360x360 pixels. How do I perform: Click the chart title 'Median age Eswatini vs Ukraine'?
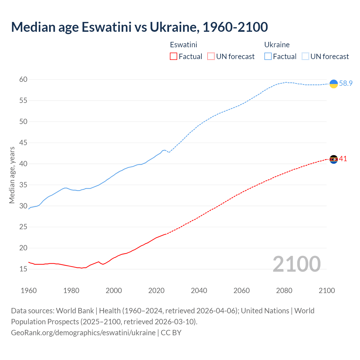tap(139, 27)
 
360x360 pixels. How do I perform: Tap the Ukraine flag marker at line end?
tap(334, 84)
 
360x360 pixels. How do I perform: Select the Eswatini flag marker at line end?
tap(334, 159)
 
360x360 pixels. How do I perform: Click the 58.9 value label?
tap(346, 84)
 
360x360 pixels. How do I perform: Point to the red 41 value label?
tap(343, 159)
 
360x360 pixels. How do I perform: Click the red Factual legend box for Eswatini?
tap(174, 57)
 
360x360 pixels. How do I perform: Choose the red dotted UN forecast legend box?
tap(211, 57)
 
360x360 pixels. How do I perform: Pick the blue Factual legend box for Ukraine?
tap(268, 57)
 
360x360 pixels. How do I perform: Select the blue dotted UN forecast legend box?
tap(305, 57)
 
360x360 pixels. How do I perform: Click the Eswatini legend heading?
tap(183, 45)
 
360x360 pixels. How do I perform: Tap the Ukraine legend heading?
tap(277, 45)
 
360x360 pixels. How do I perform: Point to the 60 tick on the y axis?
tap(23, 80)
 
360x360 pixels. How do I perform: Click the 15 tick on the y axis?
tap(23, 269)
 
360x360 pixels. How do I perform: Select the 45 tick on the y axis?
tap(23, 143)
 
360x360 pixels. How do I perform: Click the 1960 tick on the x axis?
tap(29, 291)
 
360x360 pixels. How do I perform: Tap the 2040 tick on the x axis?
tap(199, 291)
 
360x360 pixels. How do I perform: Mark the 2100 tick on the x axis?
tap(327, 291)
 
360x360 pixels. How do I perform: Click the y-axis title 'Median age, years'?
tap(12, 175)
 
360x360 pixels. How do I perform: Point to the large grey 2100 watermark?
tap(296, 264)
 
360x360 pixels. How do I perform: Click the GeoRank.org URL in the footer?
tap(83, 333)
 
